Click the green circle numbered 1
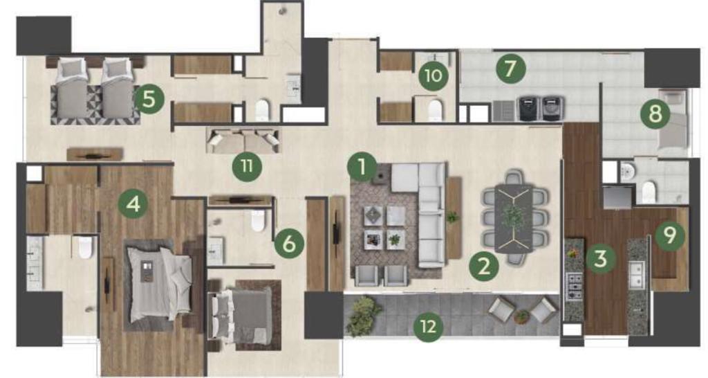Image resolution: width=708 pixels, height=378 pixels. pyautogui.click(x=362, y=168)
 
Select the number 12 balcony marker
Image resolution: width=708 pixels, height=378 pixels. pyautogui.click(x=428, y=326)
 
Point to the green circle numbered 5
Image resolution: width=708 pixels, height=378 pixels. pyautogui.click(x=149, y=99)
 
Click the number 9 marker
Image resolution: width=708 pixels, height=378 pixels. pyautogui.click(x=670, y=235)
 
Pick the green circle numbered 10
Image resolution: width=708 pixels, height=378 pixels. pyautogui.click(x=434, y=75)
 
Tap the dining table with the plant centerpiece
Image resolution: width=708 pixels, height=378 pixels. pyautogui.click(x=514, y=218)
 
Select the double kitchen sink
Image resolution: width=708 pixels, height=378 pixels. pyautogui.click(x=638, y=276)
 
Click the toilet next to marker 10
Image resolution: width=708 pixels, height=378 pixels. pyautogui.click(x=434, y=110)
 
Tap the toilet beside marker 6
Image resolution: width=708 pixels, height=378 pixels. pyautogui.click(x=257, y=221)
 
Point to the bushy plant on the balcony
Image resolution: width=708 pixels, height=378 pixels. pyautogui.click(x=364, y=316)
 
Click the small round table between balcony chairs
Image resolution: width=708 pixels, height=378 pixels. pyautogui.click(x=522, y=316)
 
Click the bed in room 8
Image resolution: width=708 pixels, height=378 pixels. pyautogui.click(x=672, y=119)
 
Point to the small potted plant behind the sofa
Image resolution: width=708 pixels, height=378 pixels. pyautogui.click(x=452, y=217)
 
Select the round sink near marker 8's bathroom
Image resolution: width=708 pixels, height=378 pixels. pyautogui.click(x=628, y=172)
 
